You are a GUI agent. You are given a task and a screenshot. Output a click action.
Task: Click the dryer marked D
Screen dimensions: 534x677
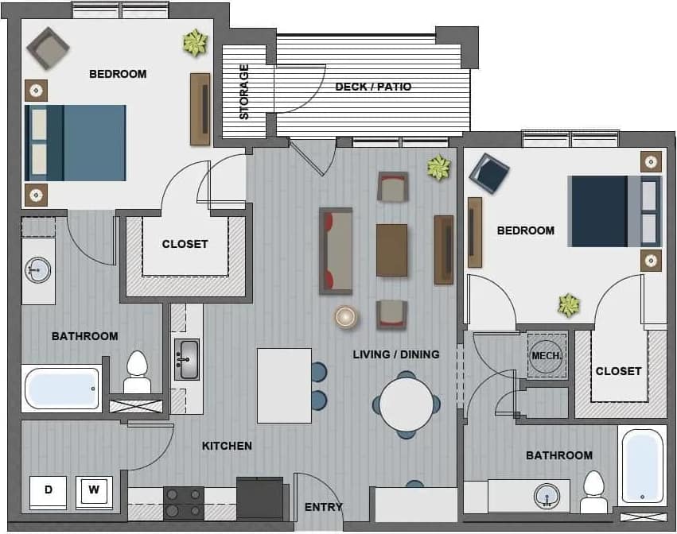tap(48, 491)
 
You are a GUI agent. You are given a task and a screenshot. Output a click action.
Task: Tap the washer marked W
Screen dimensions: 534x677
tap(94, 491)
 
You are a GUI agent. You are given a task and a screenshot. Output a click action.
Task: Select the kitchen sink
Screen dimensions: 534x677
tap(187, 359)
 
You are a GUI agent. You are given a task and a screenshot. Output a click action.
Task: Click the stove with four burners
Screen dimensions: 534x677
tap(183, 502)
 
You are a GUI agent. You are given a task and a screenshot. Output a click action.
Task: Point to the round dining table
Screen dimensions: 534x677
tap(406, 404)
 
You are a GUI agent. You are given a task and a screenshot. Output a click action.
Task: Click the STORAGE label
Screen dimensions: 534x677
tap(244, 91)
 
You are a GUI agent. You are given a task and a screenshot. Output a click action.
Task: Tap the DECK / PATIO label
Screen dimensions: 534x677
tap(373, 87)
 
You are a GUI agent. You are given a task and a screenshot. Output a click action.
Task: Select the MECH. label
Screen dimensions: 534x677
tap(547, 355)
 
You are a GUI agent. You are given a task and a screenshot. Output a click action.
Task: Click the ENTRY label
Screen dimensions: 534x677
tap(324, 507)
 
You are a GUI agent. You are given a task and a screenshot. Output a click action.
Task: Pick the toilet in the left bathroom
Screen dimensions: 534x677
tap(137, 372)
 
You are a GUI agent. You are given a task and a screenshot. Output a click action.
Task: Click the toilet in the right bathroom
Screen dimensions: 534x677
tap(593, 493)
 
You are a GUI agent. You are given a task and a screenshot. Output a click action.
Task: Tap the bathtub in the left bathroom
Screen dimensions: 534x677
tap(62, 389)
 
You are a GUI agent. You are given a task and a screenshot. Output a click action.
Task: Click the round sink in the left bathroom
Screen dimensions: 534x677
tap(37, 270)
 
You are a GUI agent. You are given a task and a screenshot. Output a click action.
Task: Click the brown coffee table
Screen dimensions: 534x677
tap(391, 250)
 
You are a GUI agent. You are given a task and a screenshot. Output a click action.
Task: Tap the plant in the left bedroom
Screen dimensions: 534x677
tap(194, 43)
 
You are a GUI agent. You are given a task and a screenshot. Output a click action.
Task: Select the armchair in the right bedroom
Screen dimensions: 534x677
tap(488, 173)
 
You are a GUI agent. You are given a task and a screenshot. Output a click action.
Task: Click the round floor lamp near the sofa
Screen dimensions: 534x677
tap(346, 316)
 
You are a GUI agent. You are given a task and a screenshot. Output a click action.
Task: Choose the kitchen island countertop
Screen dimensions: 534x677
tap(284, 385)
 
